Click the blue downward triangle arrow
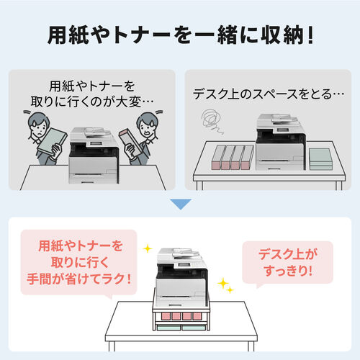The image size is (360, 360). [x=181, y=204]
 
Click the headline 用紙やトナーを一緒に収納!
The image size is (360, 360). [x=181, y=35]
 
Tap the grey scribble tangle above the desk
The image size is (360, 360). [x=212, y=121]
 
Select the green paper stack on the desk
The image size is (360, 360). [x=320, y=159]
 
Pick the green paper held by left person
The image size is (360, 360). [x=52, y=141]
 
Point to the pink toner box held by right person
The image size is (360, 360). [x=131, y=142]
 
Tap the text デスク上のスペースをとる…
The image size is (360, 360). [x=269, y=94]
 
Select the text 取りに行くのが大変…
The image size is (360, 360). [x=92, y=102]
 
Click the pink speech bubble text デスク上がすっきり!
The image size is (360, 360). [x=288, y=262]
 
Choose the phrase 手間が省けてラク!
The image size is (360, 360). [x=79, y=279]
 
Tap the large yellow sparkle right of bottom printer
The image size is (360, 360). [x=223, y=284]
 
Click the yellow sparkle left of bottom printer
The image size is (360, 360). [x=148, y=248]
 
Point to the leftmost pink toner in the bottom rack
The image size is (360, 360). [x=166, y=316]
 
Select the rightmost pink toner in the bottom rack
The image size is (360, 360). [x=197, y=316]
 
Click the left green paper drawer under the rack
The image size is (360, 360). [x=168, y=327]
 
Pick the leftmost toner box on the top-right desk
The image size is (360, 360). [x=218, y=157]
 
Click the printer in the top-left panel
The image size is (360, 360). [x=94, y=156]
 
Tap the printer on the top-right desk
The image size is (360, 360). [x=281, y=142]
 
